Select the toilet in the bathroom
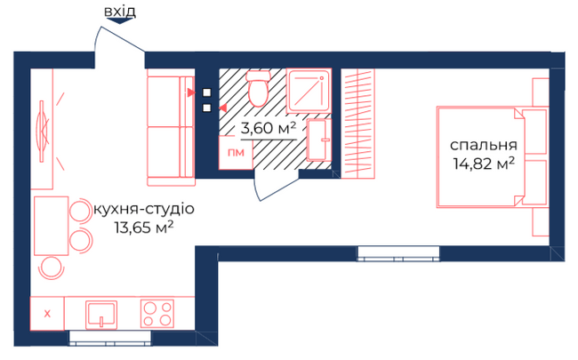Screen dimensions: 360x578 (x=259, y=90)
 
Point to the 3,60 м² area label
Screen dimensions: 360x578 (x=269, y=129)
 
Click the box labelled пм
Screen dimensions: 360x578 (x=235, y=153)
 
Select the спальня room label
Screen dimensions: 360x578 (x=483, y=145)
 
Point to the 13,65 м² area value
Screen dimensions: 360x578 (x=143, y=228)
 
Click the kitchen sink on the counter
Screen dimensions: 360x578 (x=100, y=313)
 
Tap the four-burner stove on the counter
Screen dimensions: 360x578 (x=157, y=313)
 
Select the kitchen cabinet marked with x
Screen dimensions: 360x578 (x=48, y=313)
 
